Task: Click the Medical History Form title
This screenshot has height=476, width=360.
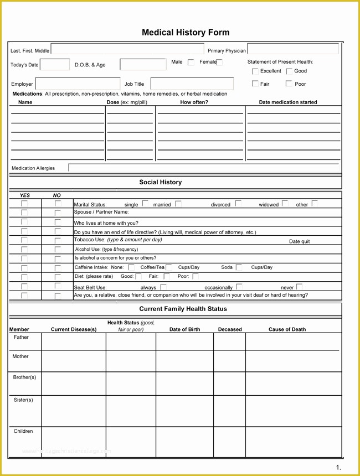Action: click(x=185, y=33)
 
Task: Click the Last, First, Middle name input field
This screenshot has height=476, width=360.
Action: click(x=127, y=50)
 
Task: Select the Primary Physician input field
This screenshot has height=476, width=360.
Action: click(x=292, y=49)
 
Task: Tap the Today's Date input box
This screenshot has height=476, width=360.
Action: click(x=55, y=65)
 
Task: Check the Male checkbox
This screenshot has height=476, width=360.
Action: click(x=191, y=63)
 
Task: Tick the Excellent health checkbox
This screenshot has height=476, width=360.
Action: click(x=255, y=71)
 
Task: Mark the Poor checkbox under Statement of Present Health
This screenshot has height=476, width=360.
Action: click(x=289, y=84)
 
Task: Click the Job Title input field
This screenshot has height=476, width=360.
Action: click(x=192, y=84)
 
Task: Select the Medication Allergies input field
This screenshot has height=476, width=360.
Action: click(x=203, y=168)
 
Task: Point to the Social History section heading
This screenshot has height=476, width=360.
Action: click(x=160, y=182)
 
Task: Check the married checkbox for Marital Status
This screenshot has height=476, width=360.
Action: click(x=178, y=204)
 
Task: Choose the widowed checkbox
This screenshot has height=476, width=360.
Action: click(x=285, y=204)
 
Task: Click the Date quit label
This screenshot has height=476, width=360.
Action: click(x=299, y=242)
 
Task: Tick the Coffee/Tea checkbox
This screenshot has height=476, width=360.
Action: click(x=169, y=267)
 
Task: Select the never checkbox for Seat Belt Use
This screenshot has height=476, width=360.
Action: click(x=300, y=287)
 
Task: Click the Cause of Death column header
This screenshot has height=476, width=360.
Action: click(x=287, y=329)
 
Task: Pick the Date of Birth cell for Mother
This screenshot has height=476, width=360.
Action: click(x=184, y=360)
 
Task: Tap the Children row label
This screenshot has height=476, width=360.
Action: click(x=23, y=431)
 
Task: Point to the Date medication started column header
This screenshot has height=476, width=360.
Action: click(x=288, y=102)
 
